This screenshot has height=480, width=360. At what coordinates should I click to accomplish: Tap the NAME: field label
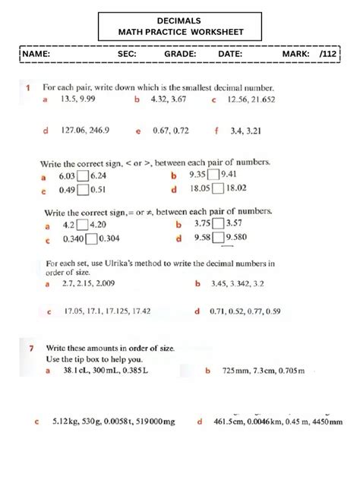click(36, 55)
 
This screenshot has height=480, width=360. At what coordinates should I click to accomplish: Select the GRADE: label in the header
click(180, 55)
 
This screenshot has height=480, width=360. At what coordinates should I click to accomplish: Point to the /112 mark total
click(328, 55)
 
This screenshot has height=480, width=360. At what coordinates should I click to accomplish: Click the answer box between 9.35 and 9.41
click(217, 175)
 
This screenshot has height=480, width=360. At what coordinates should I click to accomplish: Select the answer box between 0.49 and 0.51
click(84, 190)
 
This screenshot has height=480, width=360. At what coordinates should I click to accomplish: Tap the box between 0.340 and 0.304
click(91, 238)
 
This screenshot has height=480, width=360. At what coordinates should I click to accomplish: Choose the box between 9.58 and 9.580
click(218, 238)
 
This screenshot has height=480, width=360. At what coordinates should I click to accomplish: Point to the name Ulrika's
click(137, 264)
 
